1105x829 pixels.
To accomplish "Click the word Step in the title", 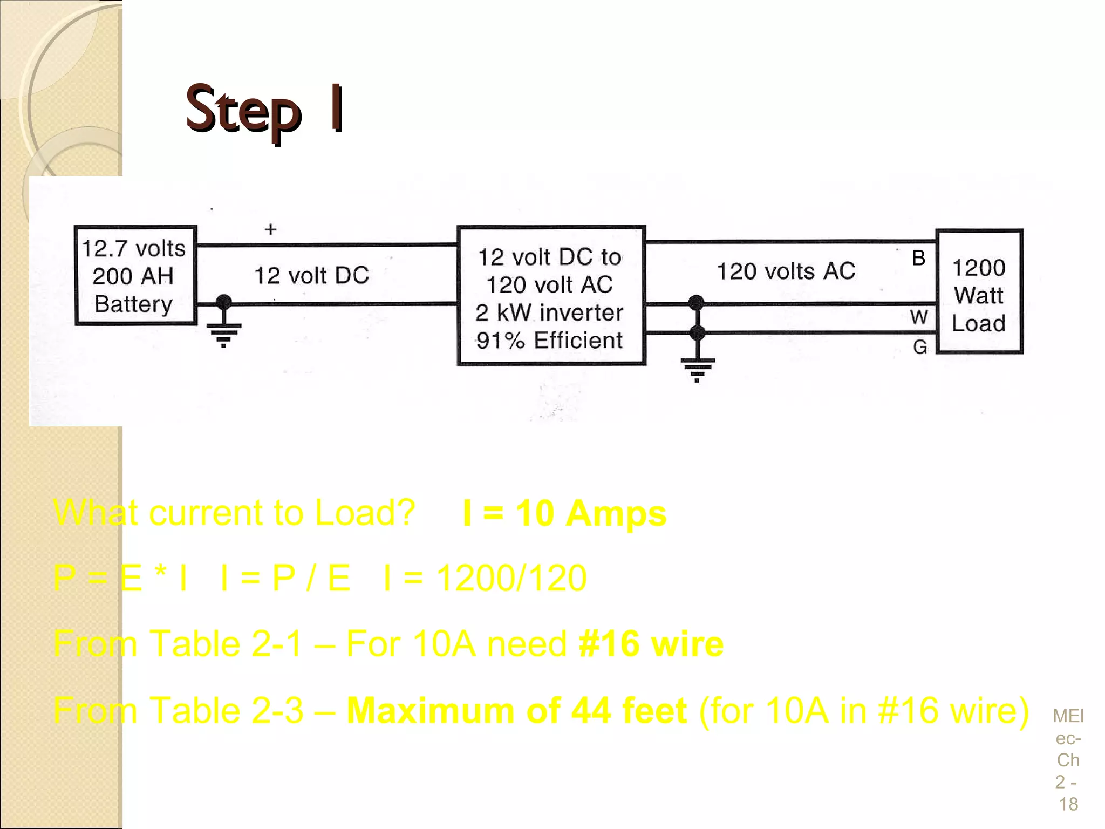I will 243,110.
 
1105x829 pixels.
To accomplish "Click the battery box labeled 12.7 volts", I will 135,275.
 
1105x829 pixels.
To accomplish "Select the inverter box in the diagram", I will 550,296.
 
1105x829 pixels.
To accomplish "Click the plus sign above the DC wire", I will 270,229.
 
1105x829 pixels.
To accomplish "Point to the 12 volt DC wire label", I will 311,276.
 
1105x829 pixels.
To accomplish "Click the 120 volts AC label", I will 786,271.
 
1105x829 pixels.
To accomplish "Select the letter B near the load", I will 918,258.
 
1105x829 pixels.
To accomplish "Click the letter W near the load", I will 919,317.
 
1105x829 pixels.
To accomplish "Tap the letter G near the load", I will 920,346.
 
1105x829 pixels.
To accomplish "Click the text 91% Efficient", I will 549,341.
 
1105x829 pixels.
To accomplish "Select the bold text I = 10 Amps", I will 564,513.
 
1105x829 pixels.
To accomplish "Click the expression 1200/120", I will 511,578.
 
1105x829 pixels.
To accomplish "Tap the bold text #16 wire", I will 651,644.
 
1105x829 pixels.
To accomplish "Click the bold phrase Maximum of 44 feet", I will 516,710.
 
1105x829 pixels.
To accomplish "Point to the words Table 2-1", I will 225,644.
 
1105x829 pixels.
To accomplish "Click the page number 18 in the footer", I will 1068,804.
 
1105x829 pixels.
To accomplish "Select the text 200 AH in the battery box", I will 133,276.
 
